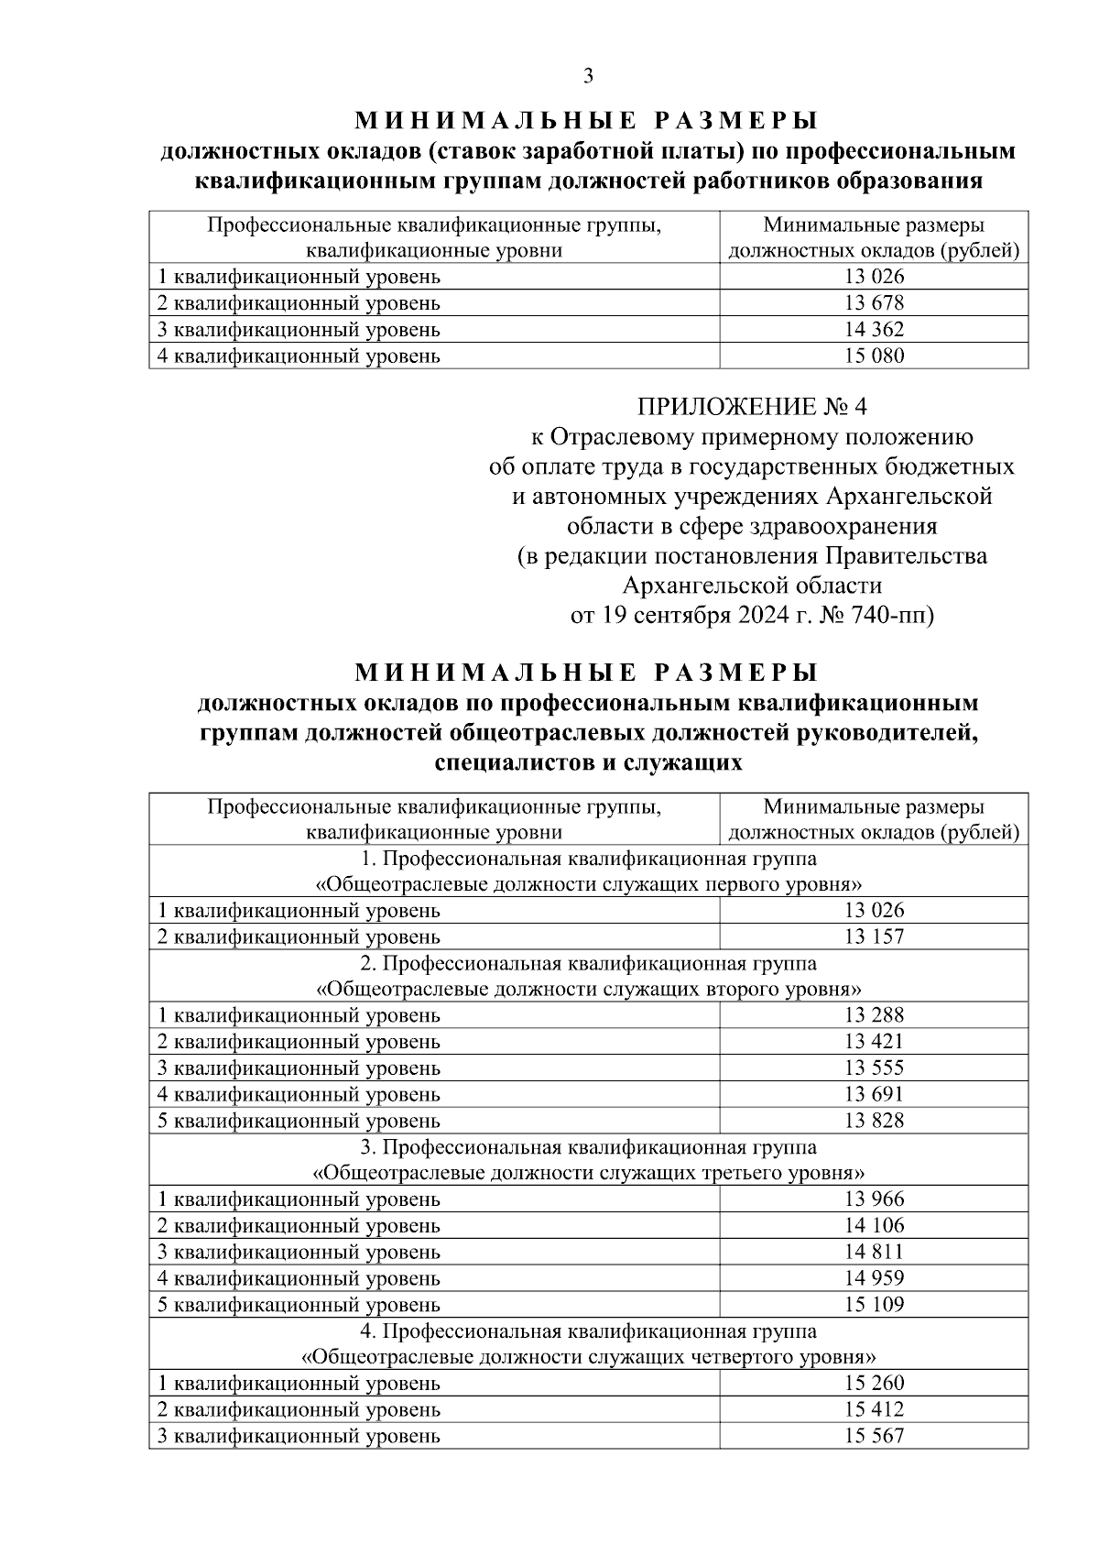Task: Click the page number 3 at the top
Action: point(588,76)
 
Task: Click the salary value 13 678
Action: point(874,303)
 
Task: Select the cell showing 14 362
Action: point(874,330)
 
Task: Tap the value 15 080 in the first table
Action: point(874,356)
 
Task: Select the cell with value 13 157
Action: point(874,936)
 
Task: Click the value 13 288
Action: point(874,1015)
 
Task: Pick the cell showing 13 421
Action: point(874,1042)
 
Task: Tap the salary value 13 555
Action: point(874,1068)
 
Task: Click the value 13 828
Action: point(874,1121)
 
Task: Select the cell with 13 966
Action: point(874,1199)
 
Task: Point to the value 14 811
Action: point(874,1252)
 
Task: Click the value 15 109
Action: point(874,1305)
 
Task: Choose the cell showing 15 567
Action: point(874,1437)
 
